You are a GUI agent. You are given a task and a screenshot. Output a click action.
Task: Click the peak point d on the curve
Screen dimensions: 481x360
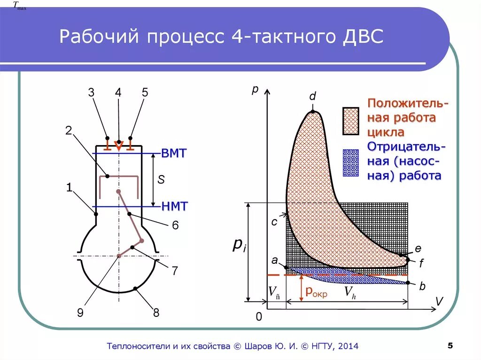point(312,112)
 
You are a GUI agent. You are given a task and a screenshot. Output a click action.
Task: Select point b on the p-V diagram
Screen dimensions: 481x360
point(408,283)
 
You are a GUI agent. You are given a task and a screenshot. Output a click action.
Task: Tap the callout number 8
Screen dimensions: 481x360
point(156,313)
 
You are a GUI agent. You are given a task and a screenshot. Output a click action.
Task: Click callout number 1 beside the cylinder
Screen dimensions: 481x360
point(69,188)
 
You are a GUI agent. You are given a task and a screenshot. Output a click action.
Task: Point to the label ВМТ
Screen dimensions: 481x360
point(174,153)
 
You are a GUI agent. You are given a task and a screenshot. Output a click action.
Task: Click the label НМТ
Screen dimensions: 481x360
point(174,206)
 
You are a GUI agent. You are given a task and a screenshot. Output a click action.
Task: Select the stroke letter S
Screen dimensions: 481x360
point(161,180)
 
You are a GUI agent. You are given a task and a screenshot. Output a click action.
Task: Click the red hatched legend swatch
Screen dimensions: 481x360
point(350,121)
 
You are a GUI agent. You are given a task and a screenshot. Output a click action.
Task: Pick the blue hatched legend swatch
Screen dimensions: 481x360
point(350,163)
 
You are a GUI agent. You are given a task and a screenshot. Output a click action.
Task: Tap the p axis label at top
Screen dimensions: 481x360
point(255,90)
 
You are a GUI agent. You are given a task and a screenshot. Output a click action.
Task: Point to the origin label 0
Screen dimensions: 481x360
point(258,318)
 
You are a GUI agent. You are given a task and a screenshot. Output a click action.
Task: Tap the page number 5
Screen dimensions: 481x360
point(450,346)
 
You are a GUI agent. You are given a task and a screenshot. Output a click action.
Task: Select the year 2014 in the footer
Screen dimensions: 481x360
point(348,346)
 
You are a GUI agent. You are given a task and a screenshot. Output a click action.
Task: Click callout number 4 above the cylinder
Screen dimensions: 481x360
point(118,92)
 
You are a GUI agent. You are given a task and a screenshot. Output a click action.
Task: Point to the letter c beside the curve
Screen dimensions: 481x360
point(274,221)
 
